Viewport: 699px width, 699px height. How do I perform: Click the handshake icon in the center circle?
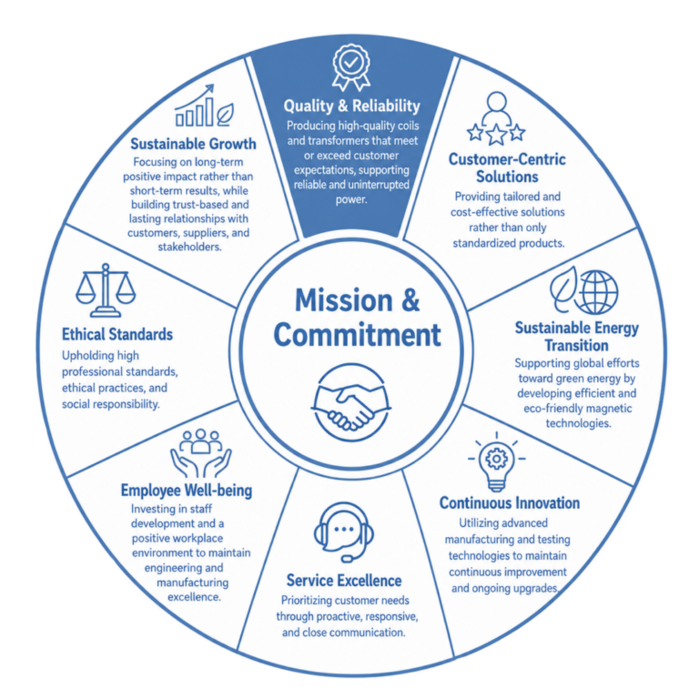350,402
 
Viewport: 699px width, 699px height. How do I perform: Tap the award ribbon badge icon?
351,66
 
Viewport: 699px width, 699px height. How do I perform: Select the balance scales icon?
106,289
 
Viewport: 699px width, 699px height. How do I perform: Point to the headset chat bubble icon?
343,532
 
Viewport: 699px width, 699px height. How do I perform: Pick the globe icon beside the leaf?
596,292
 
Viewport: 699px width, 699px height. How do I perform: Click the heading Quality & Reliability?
351,106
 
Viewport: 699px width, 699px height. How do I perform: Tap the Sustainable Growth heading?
193,144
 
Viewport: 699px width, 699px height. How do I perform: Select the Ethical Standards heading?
117,334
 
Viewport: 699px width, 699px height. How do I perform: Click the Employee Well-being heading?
187,491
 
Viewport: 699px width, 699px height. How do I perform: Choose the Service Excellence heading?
344,581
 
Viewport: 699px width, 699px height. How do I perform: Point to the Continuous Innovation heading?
510,502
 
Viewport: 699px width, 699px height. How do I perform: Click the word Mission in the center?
344,300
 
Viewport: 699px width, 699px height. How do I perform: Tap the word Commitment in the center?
357,334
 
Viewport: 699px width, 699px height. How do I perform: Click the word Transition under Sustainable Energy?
576,346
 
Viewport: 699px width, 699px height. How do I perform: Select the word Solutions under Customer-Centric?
507,177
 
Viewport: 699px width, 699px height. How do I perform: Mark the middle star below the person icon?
496,136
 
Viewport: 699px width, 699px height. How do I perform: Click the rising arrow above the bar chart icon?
195,96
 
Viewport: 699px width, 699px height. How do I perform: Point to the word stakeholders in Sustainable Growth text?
189,247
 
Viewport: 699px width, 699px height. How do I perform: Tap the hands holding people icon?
200,452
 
